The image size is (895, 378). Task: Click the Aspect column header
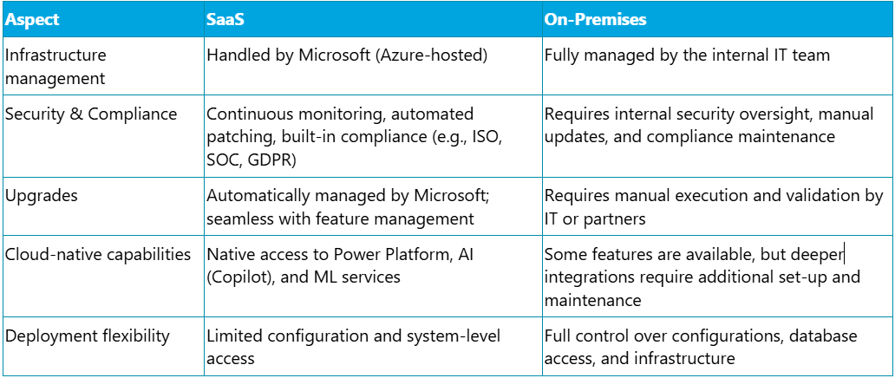click(x=32, y=19)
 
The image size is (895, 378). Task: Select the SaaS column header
click(x=225, y=19)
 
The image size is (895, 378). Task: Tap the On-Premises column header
click(x=595, y=19)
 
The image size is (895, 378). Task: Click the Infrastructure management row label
click(x=56, y=66)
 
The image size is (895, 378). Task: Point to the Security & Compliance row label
click(x=91, y=114)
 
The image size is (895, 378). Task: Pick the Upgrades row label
click(x=42, y=196)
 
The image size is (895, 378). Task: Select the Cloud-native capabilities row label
click(x=98, y=254)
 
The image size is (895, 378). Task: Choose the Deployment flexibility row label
click(x=88, y=336)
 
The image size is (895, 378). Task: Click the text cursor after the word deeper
click(x=844, y=254)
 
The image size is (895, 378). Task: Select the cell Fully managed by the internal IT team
click(x=687, y=56)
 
